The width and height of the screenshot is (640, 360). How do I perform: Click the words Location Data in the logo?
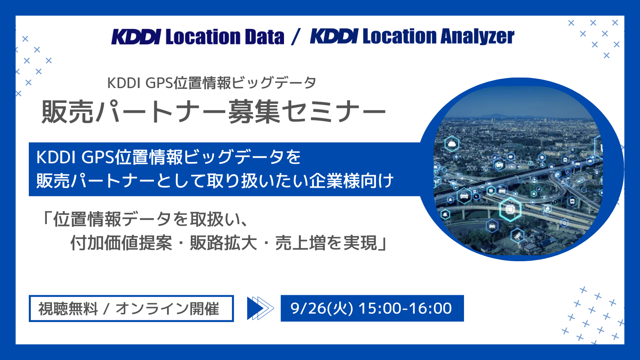click(x=225, y=37)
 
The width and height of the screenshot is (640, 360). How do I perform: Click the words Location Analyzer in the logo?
click(x=438, y=37)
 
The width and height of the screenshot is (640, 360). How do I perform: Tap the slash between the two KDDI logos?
click(x=296, y=37)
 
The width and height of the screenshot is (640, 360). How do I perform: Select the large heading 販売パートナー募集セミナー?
click(x=214, y=112)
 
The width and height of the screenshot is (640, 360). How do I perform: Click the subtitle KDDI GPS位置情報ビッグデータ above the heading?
click(x=212, y=83)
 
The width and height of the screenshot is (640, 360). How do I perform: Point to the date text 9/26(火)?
click(x=322, y=308)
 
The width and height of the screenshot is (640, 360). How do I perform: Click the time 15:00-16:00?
click(x=405, y=308)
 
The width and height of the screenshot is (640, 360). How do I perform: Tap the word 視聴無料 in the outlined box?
click(x=68, y=308)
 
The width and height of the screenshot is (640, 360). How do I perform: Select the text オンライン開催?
click(x=168, y=308)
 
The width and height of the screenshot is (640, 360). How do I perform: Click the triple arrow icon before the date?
click(x=260, y=308)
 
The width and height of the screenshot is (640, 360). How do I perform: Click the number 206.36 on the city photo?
click(x=477, y=168)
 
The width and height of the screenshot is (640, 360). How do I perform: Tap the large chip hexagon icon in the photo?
click(x=510, y=210)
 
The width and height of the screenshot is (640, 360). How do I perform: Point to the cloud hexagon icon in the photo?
click(x=452, y=144)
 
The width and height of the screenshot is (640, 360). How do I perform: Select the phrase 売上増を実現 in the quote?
click(x=326, y=243)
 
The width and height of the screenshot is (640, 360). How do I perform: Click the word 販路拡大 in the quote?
click(x=224, y=243)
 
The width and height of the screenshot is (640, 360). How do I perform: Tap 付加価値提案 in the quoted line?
click(x=122, y=243)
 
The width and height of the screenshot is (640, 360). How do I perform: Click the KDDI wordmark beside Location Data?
click(x=136, y=37)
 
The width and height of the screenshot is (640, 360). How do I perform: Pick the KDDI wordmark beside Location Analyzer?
click(x=334, y=36)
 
